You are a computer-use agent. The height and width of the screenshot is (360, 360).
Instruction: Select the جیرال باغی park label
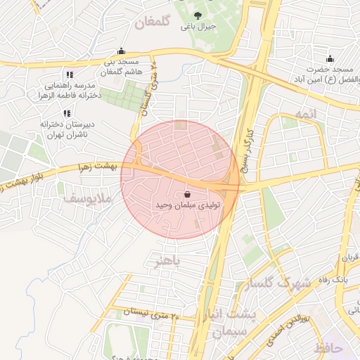tap(197, 27)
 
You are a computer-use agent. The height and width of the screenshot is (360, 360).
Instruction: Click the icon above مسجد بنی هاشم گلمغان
tap(122, 51)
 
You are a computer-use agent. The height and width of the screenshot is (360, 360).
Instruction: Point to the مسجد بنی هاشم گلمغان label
tap(122, 67)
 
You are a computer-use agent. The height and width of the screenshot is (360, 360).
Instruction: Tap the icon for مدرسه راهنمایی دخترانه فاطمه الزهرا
tap(69, 75)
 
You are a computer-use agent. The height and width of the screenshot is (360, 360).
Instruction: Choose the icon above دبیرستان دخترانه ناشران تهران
tap(67, 113)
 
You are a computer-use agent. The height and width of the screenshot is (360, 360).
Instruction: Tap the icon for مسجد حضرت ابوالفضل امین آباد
tap(330, 58)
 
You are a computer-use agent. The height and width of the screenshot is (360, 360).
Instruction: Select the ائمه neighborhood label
tap(306, 113)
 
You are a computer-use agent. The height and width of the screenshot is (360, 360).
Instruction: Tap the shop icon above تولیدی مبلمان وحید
tap(187, 194)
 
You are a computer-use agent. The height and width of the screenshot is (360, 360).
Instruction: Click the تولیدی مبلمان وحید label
tap(188, 205)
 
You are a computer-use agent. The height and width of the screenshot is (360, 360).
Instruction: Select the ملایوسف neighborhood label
tap(88, 200)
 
